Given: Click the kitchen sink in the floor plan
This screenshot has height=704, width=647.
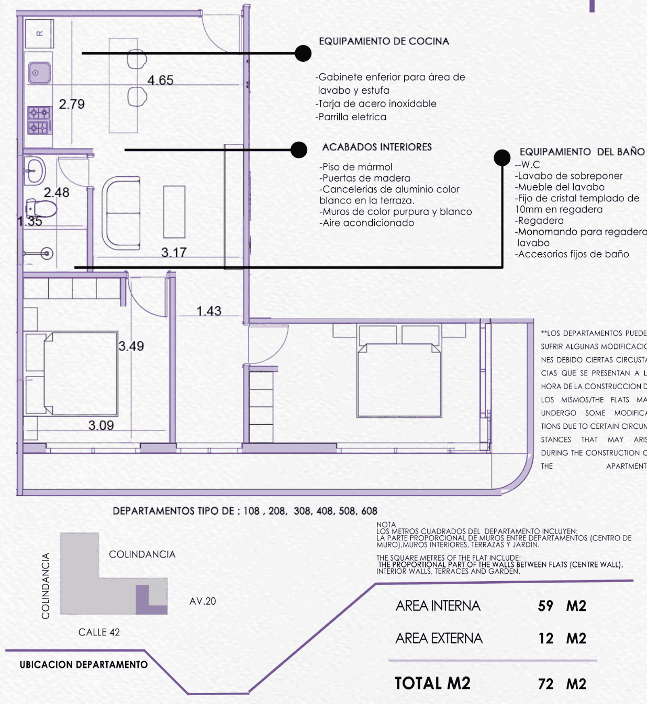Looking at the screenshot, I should point(39,73).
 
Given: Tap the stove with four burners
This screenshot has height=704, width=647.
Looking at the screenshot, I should point(40,120).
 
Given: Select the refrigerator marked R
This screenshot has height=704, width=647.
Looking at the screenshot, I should point(39,33).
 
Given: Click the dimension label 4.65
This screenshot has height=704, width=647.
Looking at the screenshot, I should point(160,80).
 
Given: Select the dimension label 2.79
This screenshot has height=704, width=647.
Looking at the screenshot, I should point(72,104).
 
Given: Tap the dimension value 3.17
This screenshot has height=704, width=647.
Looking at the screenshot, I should point(174,253).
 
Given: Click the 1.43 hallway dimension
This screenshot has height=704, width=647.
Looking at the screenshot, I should point(209,311).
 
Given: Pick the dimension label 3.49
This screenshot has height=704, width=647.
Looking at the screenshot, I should point(131,346).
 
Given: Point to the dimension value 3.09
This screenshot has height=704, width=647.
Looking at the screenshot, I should point(101,425).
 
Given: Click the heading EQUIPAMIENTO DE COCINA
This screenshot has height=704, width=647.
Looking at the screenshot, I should point(384,41).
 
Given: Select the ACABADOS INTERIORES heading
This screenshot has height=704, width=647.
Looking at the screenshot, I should point(377,147).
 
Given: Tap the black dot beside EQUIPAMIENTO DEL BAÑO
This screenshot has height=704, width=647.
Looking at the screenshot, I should point(502,157).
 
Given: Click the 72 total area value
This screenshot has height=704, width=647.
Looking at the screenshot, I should point(545,684).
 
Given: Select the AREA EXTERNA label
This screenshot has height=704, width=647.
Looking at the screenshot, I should point(439,638).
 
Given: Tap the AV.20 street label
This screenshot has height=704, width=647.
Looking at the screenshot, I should point(203,601).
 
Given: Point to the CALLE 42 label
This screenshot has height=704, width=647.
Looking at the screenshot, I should point(99,632).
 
